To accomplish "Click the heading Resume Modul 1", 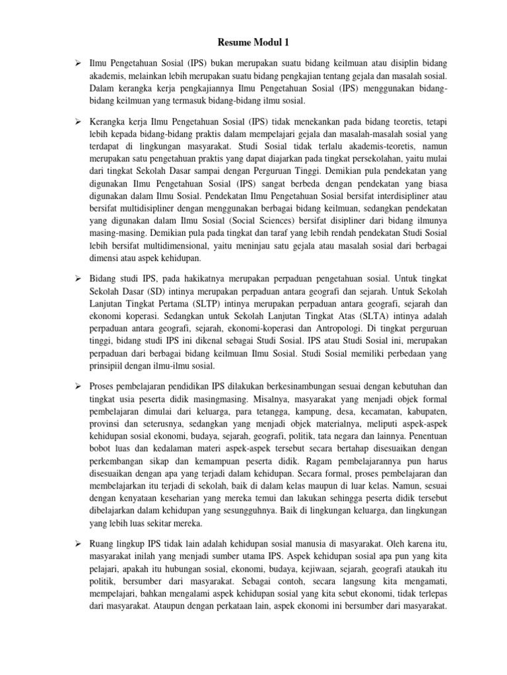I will click(253, 44).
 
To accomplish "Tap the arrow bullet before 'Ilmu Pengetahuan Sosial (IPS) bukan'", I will click(77, 63).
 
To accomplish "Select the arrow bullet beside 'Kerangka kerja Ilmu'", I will click(77, 122).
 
